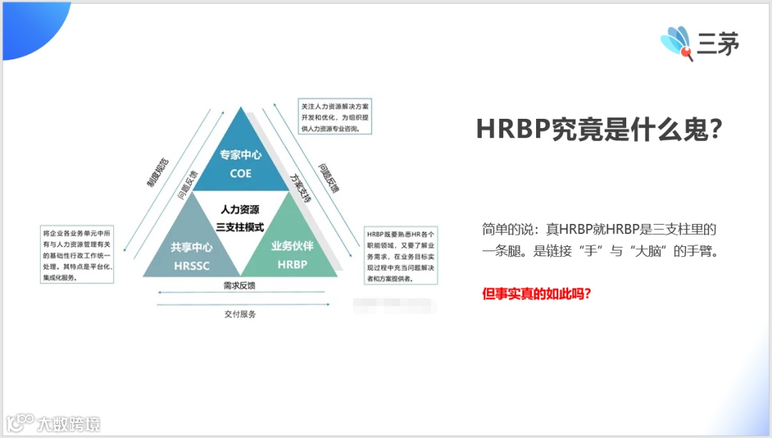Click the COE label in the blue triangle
pyautogui.click(x=241, y=173)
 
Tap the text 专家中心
pyautogui.click(x=241, y=155)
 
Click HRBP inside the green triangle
pyautogui.click(x=292, y=263)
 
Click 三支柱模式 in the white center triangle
pyautogui.click(x=240, y=227)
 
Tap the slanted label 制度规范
pyautogui.click(x=158, y=172)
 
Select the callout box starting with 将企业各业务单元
pyautogui.click(x=77, y=255)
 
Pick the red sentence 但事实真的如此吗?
pyautogui.click(x=536, y=293)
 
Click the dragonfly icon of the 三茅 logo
pyautogui.click(x=676, y=43)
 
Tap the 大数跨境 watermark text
pyautogui.click(x=69, y=424)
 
